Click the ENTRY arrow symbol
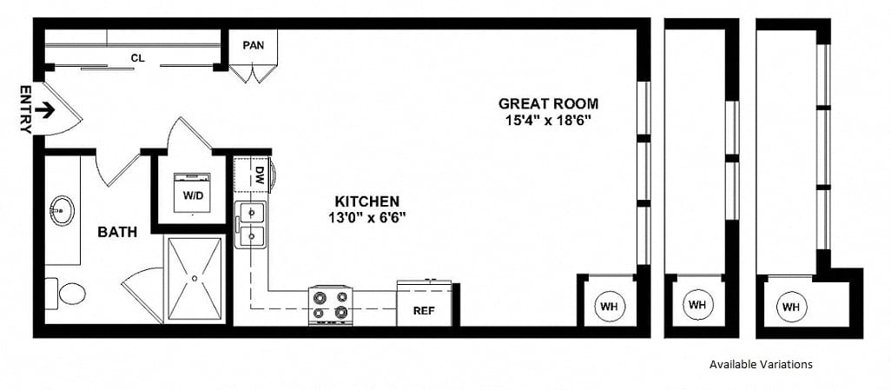44,109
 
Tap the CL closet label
137,57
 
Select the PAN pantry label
254,45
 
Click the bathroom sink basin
62,210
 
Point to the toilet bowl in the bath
72,294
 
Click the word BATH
117,232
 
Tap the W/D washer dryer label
192,195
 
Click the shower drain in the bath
195,279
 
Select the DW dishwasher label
260,175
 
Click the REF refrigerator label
424,310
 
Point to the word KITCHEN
366,202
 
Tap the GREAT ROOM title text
548,103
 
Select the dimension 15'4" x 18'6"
548,120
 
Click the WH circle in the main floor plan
609,307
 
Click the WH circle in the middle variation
697,304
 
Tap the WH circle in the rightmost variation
791,307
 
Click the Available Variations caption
761,365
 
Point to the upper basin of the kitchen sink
252,213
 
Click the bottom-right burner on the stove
341,312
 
